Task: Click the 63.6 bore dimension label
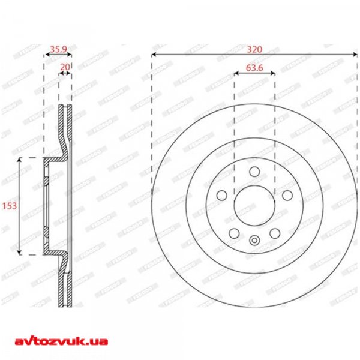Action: pyautogui.click(x=254, y=67)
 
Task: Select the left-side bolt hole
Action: pyautogui.click(x=221, y=195)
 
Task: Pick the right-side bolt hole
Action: pyautogui.click(x=288, y=195)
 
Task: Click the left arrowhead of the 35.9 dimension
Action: pyautogui.click(x=47, y=54)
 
